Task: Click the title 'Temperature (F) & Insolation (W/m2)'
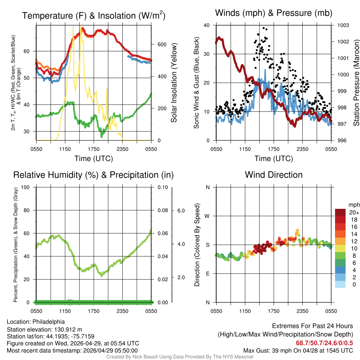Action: [x=94, y=15]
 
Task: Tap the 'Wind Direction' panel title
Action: [x=274, y=175]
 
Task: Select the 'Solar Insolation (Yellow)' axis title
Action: [x=174, y=83]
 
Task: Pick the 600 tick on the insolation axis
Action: [x=161, y=44]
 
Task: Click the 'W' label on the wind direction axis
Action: [x=207, y=216]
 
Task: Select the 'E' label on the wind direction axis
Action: [x=208, y=274]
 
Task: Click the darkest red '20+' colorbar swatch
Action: [x=341, y=212]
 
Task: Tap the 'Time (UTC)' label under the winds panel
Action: [x=274, y=159]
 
